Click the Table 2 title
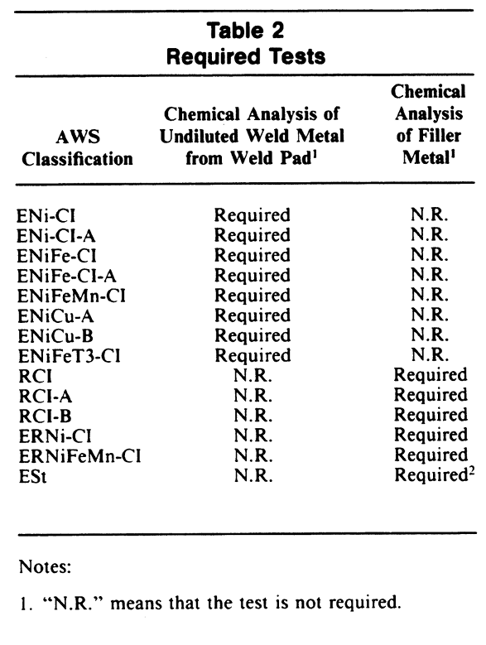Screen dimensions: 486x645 coord(244,31)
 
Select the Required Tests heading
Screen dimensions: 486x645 coord(244,58)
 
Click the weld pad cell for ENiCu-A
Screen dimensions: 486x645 coord(253,316)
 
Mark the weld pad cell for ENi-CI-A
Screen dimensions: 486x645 coord(253,237)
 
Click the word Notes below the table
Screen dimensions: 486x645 coord(42,569)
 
